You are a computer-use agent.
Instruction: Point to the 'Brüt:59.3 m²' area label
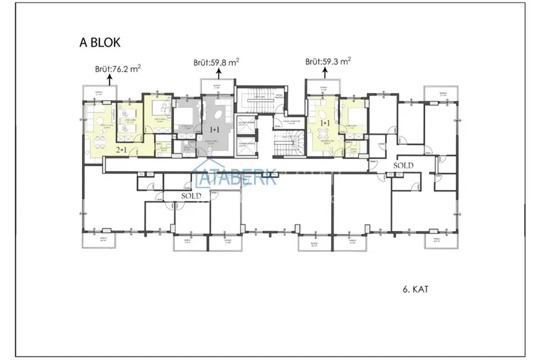pyautogui.click(x=328, y=62)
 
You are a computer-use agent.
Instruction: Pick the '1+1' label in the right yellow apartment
pyautogui.click(x=325, y=123)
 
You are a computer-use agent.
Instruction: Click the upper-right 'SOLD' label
pyautogui.click(x=403, y=165)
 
